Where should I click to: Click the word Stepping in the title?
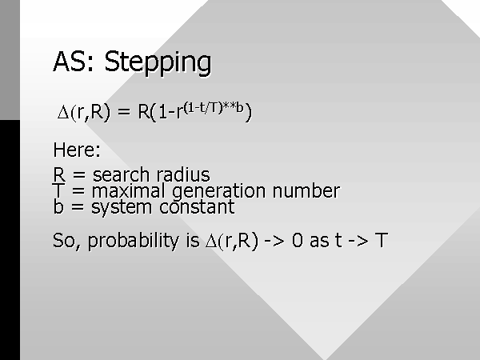tap(158, 63)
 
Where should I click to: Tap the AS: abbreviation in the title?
tap(73, 62)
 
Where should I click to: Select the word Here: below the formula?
tap(77, 150)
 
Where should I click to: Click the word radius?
tap(183, 174)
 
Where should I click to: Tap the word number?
tap(306, 190)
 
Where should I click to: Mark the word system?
tap(122, 208)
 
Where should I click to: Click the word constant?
tap(197, 207)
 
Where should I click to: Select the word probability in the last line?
tap(134, 242)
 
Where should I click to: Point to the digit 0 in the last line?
tap(298, 240)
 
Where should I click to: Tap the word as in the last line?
tap(318, 241)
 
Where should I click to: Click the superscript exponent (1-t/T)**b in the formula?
tap(214, 108)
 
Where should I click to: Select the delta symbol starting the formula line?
tap(63, 112)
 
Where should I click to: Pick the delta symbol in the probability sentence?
tap(211, 241)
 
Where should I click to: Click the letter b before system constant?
tap(58, 206)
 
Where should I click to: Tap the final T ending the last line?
tap(382, 240)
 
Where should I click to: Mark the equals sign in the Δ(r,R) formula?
tap(124, 112)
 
